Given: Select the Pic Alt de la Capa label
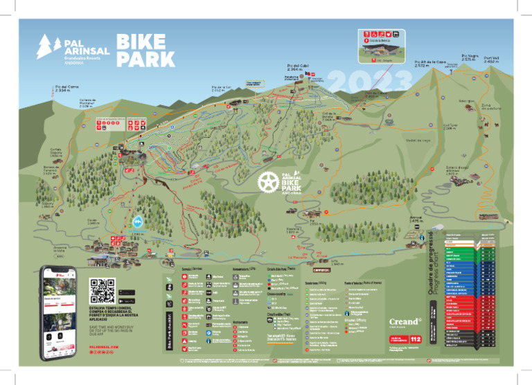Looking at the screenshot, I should [x=429, y=63].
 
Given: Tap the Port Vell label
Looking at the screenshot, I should [x=492, y=60].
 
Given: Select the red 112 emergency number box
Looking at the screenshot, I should [x=415, y=339].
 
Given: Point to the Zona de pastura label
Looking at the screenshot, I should [x=490, y=107].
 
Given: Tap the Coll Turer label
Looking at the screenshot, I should [x=450, y=127].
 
